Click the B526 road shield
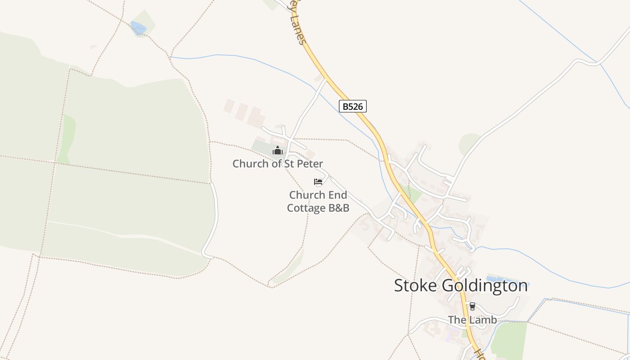pyautogui.click(x=353, y=106)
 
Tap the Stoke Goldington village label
pyautogui.click(x=461, y=286)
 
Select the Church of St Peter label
pyautogui.click(x=278, y=163)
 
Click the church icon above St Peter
pyautogui.click(x=278, y=150)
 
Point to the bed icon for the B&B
pyautogui.click(x=318, y=182)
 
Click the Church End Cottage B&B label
pyautogui.click(x=318, y=201)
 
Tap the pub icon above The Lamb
pyautogui.click(x=472, y=306)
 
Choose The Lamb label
pyautogui.click(x=472, y=320)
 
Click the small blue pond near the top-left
pyautogui.click(x=138, y=28)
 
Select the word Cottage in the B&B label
pyautogui.click(x=306, y=208)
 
